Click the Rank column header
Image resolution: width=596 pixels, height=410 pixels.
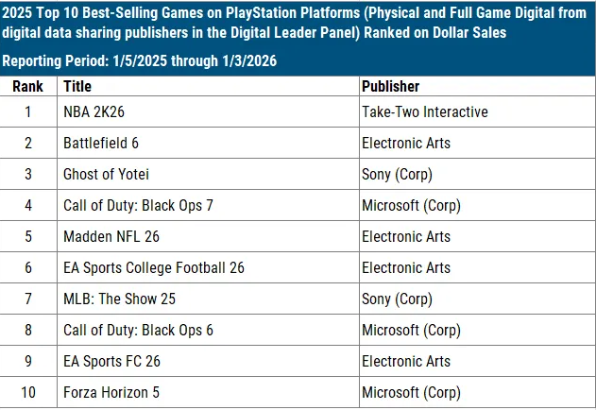(x=27, y=86)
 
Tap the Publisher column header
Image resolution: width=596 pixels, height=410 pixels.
(x=390, y=86)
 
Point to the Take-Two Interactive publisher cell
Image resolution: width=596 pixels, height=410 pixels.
(x=424, y=111)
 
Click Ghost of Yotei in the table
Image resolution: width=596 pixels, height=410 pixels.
(x=106, y=174)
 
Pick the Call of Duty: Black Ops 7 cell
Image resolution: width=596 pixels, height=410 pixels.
(x=137, y=205)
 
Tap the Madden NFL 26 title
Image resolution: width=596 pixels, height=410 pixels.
(x=111, y=236)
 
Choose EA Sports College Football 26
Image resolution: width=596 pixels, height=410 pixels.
(x=153, y=267)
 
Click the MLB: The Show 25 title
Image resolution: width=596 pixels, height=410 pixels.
(x=119, y=299)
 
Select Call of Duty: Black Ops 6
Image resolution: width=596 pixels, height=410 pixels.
(x=137, y=330)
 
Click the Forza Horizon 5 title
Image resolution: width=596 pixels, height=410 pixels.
(x=111, y=392)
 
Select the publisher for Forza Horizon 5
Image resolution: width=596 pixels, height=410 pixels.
(x=410, y=392)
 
